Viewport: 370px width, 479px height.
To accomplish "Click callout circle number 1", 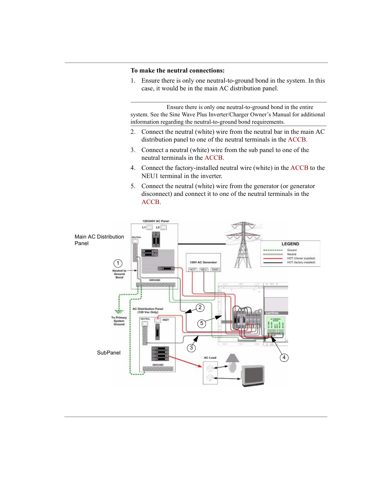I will click(118, 263).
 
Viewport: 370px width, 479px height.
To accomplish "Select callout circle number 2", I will click(200, 308).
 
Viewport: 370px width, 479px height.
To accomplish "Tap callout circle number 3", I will click(191, 348).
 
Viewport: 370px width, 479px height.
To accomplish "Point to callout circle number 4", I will click(284, 357).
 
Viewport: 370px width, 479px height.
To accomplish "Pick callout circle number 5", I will click(202, 323).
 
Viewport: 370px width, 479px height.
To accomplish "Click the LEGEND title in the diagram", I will click(290, 244).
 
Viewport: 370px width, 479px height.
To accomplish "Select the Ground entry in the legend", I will click(292, 250).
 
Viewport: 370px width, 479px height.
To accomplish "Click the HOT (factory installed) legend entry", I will click(301, 263).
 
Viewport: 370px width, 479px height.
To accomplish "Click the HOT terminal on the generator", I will click(193, 270).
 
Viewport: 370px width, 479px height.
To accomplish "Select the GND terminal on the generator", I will click(215, 270).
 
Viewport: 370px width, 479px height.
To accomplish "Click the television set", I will click(253, 375).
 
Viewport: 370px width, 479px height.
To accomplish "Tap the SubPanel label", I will click(109, 353).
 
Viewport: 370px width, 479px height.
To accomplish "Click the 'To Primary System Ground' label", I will click(119, 321).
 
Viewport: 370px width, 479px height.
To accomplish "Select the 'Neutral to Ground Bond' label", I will click(119, 274).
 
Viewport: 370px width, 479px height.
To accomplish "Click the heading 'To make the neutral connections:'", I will click(178, 71).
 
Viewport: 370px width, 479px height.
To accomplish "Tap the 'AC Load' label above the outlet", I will click(210, 358).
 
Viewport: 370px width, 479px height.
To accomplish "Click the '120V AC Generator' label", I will click(203, 262).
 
